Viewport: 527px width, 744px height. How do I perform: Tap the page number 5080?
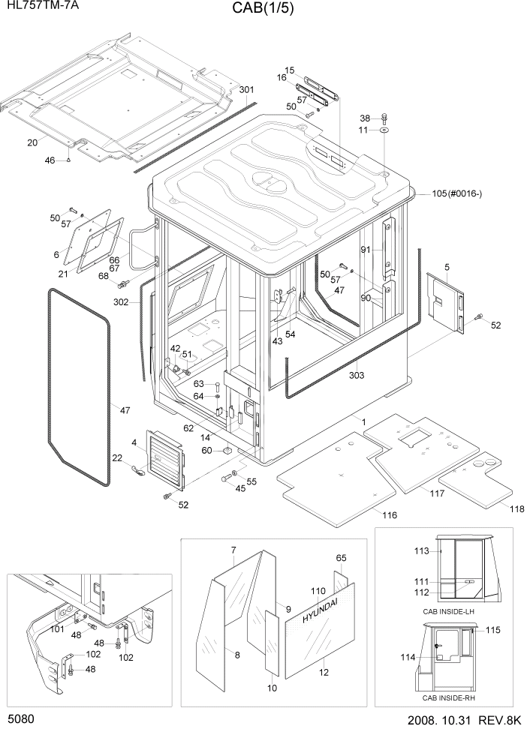click(21, 719)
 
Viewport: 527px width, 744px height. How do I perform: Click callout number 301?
click(246, 90)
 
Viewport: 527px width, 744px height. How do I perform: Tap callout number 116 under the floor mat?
click(389, 515)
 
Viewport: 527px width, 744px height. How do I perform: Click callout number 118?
click(516, 509)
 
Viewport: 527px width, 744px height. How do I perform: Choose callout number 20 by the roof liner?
click(32, 142)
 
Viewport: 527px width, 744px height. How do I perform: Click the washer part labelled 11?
click(384, 130)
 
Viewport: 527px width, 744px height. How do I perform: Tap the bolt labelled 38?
click(384, 116)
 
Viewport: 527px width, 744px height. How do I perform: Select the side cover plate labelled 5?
click(445, 301)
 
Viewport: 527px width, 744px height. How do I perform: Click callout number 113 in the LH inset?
click(421, 551)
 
